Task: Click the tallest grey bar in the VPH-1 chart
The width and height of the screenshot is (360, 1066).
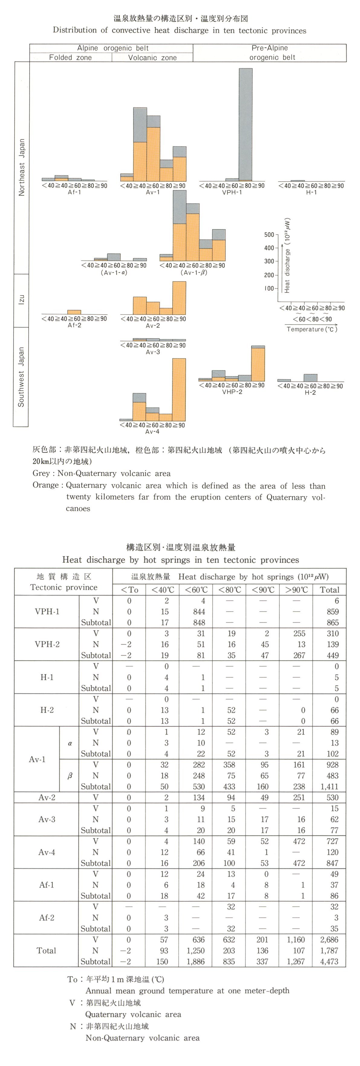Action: [245, 124]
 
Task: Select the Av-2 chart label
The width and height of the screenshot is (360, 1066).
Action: [152, 326]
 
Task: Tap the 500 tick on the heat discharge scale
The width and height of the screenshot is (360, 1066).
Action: [269, 235]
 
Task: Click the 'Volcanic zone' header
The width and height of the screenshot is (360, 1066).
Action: [152, 57]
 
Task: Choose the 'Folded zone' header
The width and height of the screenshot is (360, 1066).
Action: [70, 57]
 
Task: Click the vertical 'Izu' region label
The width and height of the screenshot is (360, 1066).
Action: [21, 300]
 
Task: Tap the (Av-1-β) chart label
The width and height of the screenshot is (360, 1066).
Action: [193, 273]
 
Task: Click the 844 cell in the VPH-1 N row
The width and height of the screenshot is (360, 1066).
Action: [199, 612]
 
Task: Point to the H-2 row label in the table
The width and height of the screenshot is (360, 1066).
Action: [47, 710]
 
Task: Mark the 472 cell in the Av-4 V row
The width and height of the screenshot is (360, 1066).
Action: [299, 841]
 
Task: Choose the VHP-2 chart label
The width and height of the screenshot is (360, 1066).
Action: [232, 392]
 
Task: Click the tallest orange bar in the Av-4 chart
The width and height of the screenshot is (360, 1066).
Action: [179, 389]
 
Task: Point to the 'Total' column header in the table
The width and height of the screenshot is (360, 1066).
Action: [329, 590]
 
